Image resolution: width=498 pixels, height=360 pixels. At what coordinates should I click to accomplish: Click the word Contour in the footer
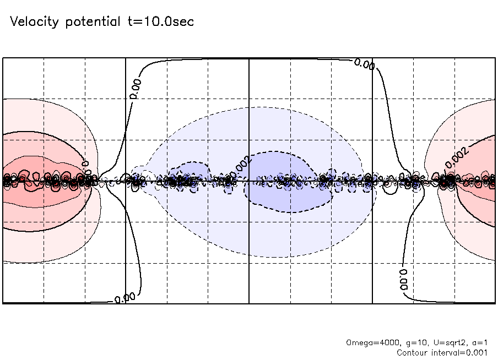[x=412, y=352]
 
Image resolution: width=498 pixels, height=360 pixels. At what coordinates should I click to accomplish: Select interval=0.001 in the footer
[x=462, y=352]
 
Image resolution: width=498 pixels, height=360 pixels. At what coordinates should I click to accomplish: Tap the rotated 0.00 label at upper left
[x=136, y=88]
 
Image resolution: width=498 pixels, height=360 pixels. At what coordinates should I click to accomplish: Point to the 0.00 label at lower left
[x=125, y=298]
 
